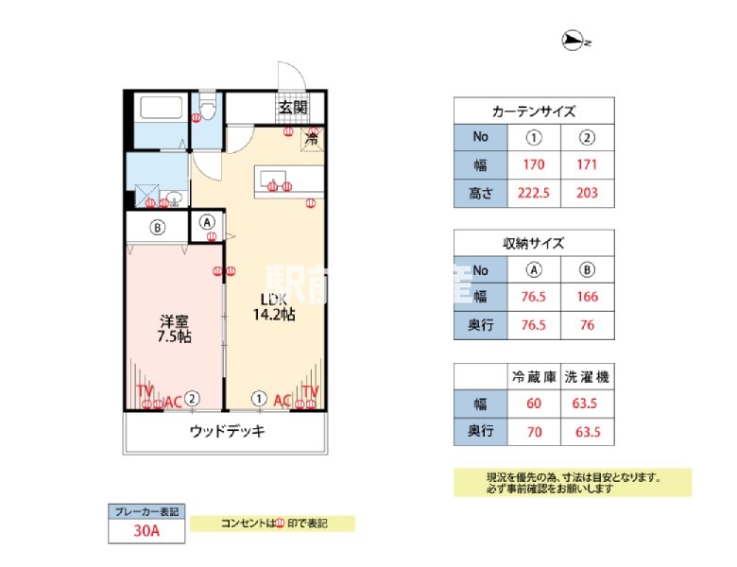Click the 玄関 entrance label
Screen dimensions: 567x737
click(x=293, y=107)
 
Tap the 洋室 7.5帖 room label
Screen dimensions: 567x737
click(x=174, y=327)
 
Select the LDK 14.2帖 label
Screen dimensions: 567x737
click(x=273, y=308)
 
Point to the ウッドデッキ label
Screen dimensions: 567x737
click(x=227, y=431)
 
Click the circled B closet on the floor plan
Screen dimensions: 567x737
click(x=158, y=227)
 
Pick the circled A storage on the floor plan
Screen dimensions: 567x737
click(x=209, y=224)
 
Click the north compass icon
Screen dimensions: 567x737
click(x=573, y=40)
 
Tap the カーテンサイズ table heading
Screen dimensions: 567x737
click(x=534, y=111)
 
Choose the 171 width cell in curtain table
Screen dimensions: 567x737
click(x=587, y=164)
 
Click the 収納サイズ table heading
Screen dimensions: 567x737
click(x=534, y=243)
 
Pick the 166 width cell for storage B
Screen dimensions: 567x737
click(x=587, y=297)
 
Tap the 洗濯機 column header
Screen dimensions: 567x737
click(x=587, y=376)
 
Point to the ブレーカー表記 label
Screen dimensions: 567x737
click(x=146, y=511)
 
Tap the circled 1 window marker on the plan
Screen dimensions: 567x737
click(x=258, y=399)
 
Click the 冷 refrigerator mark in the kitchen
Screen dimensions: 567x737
click(x=311, y=139)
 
